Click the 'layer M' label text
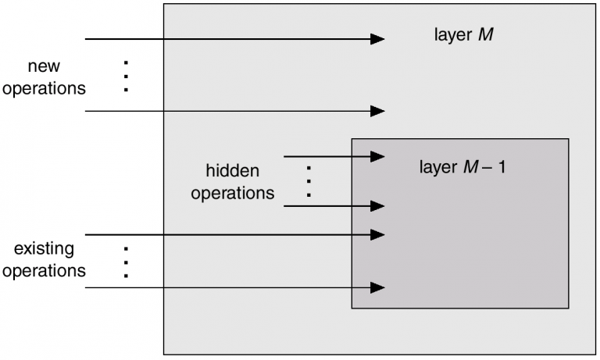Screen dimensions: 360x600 pyautogui.click(x=463, y=35)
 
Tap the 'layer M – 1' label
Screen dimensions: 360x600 pyautogui.click(x=462, y=167)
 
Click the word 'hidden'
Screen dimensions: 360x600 pyautogui.click(x=232, y=171)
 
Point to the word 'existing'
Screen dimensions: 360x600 pyautogui.click(x=44, y=250)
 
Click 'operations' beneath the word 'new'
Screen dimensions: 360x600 pyautogui.click(x=44, y=88)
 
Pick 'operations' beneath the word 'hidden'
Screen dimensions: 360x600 pyautogui.click(x=232, y=192)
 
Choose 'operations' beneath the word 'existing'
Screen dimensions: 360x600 pyautogui.click(x=44, y=271)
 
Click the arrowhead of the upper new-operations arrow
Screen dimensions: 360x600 pyautogui.click(x=378, y=38)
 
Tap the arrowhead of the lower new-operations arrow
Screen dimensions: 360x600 pyautogui.click(x=378, y=111)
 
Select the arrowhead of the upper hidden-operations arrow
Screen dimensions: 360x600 pyautogui.click(x=378, y=156)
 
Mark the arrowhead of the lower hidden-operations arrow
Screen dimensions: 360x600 pyautogui.click(x=378, y=206)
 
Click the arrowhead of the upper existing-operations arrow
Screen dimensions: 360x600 pyautogui.click(x=378, y=234)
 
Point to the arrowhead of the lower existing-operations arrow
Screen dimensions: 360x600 pyautogui.click(x=378, y=287)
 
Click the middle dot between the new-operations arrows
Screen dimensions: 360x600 pyautogui.click(x=125, y=77)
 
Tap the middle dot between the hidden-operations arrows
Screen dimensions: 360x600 pyautogui.click(x=309, y=181)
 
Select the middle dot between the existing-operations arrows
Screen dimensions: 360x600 pyautogui.click(x=125, y=262)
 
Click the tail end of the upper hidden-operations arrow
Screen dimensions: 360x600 pyautogui.click(x=285, y=156)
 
